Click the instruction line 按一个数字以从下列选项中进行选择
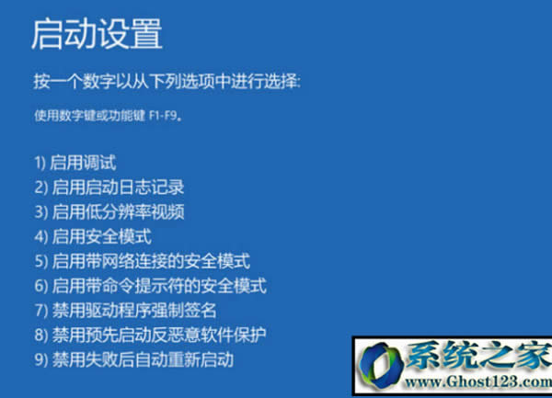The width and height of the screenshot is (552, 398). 167,83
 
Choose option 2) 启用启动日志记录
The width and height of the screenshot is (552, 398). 109,188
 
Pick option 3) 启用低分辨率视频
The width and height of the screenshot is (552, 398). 109,212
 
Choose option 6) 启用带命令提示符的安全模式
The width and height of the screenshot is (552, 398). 151,286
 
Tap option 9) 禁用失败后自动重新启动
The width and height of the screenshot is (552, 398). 134,358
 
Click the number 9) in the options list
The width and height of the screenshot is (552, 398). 40,358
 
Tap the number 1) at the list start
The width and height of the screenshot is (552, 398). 40,164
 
